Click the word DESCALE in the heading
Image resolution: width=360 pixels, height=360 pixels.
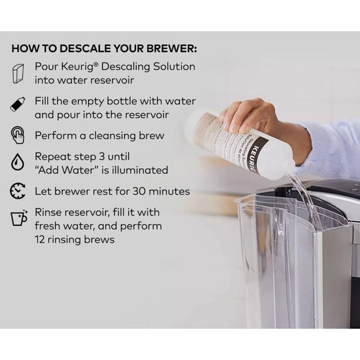[91, 48]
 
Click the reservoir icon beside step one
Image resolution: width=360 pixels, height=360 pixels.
[17, 73]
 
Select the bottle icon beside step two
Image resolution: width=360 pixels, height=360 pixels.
[17, 104]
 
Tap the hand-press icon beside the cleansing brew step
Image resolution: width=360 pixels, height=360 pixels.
[17, 135]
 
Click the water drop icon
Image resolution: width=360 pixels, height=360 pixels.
[17, 163]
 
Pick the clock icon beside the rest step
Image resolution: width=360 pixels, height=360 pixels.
[17, 191]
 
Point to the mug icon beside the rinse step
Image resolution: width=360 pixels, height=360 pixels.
[17, 218]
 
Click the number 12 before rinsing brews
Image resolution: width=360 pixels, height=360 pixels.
[41, 239]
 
